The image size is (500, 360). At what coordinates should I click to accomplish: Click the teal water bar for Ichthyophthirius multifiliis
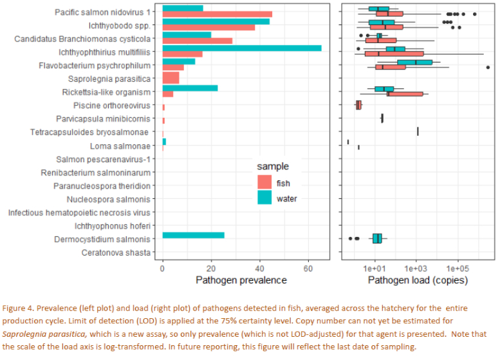pyautogui.click(x=241, y=48)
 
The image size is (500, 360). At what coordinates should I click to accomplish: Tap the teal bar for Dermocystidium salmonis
pyautogui.click(x=193, y=236)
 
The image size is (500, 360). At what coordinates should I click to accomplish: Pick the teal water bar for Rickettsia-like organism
pyautogui.click(x=190, y=88)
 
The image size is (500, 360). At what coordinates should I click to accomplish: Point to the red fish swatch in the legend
pyautogui.click(x=264, y=183)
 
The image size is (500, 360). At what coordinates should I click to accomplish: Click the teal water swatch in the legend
pyautogui.click(x=264, y=198)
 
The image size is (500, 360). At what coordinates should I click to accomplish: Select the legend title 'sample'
pyautogui.click(x=273, y=167)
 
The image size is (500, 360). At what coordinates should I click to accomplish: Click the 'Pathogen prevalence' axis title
pyautogui.click(x=241, y=280)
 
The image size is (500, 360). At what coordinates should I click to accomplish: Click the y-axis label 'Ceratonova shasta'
pyautogui.click(x=116, y=252)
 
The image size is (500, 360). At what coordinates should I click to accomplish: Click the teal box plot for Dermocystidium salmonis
pyautogui.click(x=377, y=238)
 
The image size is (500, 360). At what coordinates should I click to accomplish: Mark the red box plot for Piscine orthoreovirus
pyautogui.click(x=358, y=105)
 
